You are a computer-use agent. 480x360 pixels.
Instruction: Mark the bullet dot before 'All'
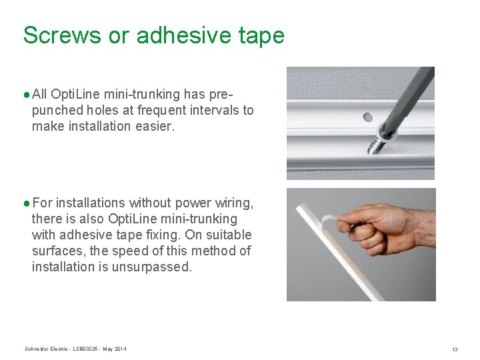(26, 94)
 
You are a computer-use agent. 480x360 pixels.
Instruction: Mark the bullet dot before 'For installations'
(26, 203)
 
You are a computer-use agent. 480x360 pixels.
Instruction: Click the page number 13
(454, 349)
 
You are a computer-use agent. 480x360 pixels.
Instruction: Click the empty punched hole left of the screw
(366, 118)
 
